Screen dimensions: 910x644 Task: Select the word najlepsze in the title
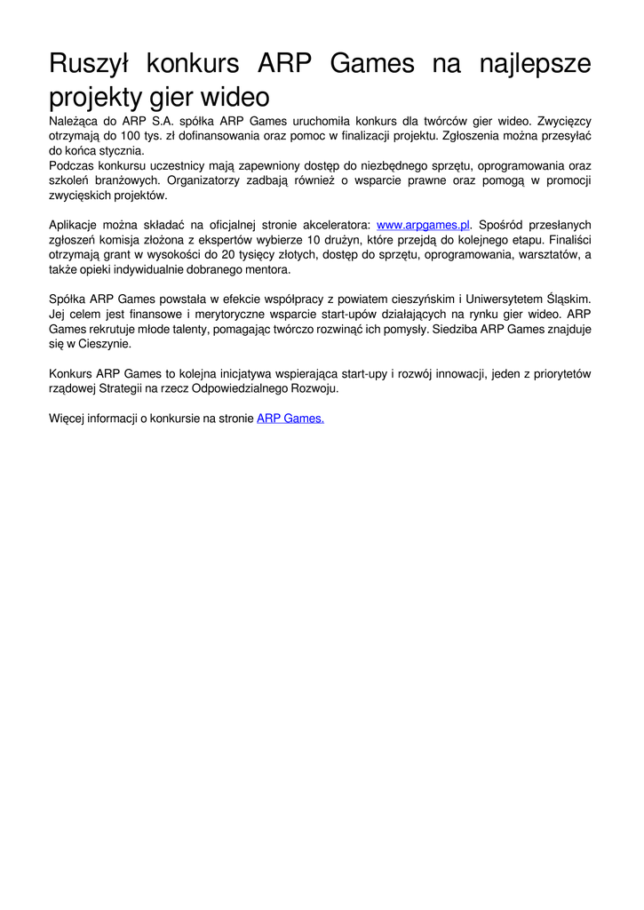[535, 64]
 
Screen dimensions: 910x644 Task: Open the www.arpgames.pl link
[423, 225]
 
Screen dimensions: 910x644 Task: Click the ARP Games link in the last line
[290, 419]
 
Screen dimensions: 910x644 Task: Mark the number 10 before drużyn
[314, 240]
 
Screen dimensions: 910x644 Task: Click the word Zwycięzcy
[563, 120]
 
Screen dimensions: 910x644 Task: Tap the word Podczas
[70, 165]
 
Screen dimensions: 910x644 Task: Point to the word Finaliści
[569, 240]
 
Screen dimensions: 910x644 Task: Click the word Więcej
[67, 419]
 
